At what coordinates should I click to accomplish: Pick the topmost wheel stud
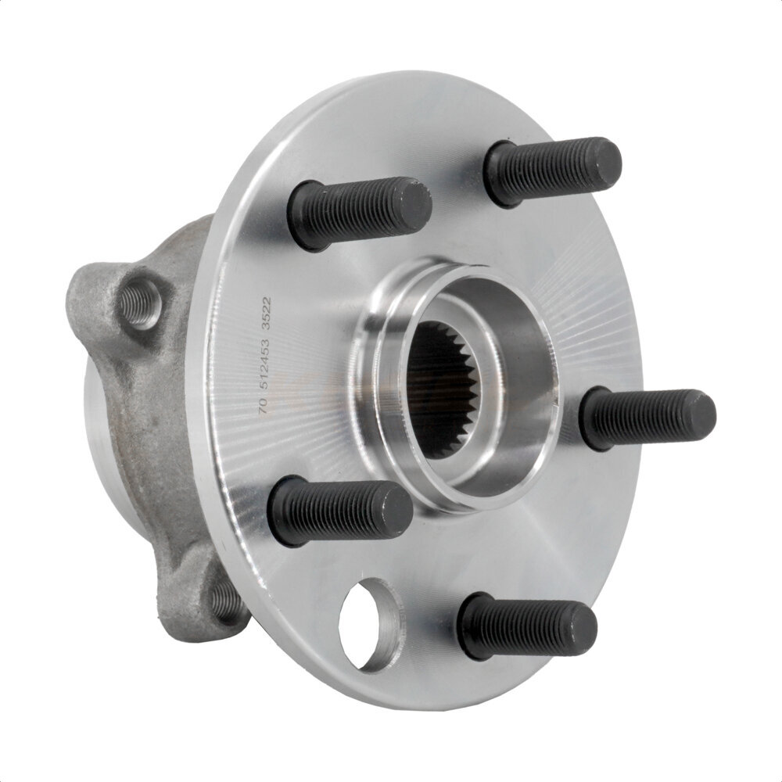551,170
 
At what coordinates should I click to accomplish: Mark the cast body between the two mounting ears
156,446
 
